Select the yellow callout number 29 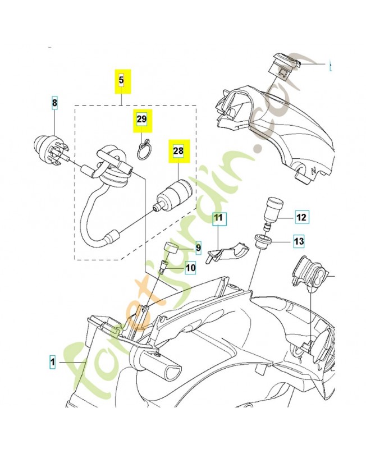tap(141, 120)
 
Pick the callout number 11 tap(218, 217)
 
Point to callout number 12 tap(301, 217)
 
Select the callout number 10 tap(190, 268)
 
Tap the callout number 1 tap(52, 363)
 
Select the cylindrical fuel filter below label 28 tap(173, 195)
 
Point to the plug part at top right tap(283, 66)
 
